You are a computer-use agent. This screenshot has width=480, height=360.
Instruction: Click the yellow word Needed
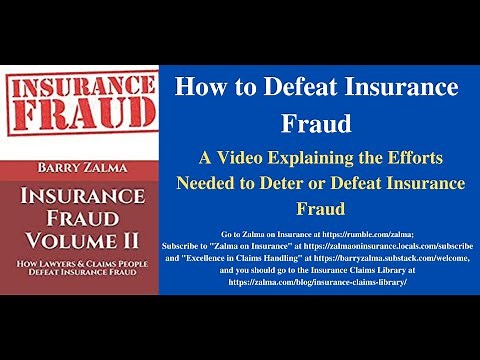[207, 183]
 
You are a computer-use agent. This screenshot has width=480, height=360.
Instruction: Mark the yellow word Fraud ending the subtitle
[317, 210]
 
